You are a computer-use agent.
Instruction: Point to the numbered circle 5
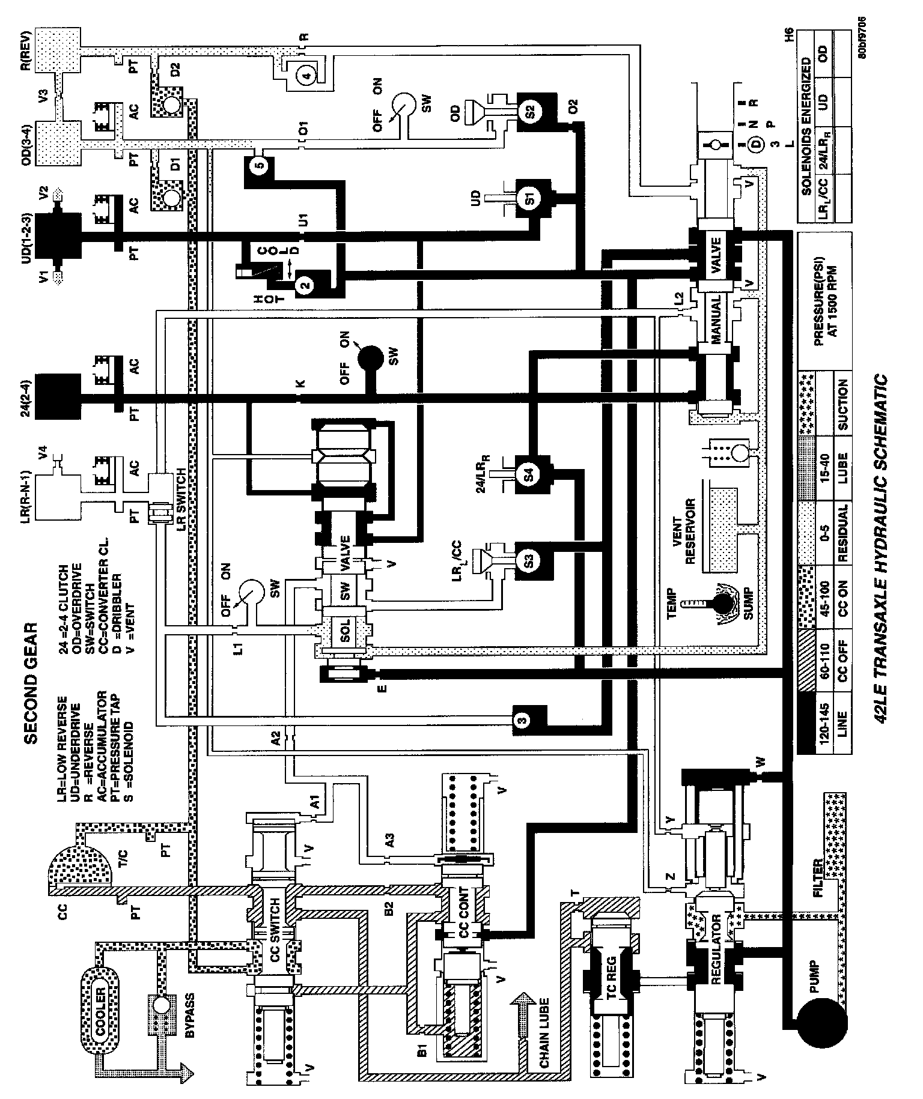coord(260,166)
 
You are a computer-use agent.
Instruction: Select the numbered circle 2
coord(305,285)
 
